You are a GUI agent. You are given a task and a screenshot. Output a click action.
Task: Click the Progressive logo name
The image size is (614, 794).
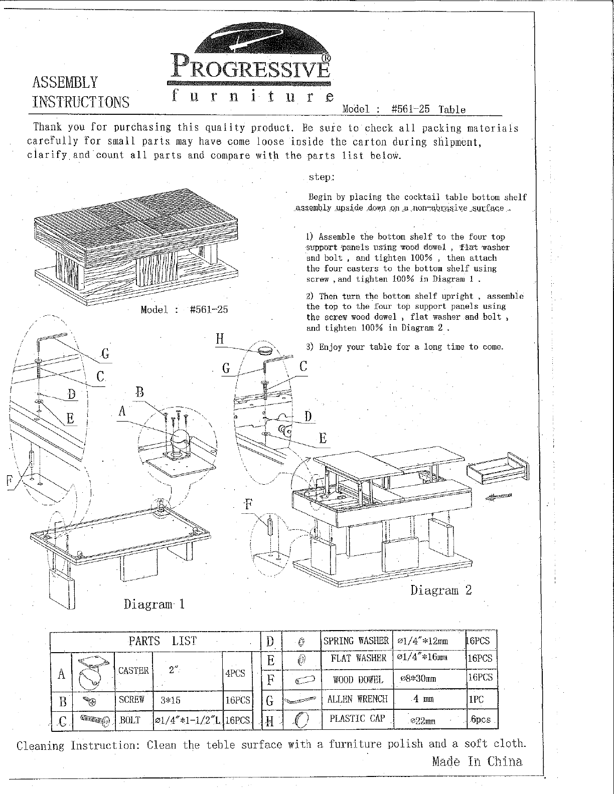[x=251, y=66]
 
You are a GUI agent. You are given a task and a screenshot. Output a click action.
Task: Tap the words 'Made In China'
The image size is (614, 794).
[x=477, y=762]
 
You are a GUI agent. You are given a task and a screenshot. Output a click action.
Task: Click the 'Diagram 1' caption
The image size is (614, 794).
[x=155, y=604]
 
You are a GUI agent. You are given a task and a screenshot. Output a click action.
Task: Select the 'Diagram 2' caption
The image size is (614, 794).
[x=441, y=590]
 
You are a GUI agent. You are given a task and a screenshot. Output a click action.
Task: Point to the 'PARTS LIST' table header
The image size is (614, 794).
[x=163, y=641]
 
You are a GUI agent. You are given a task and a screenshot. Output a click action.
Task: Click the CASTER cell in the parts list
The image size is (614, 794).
[x=133, y=671]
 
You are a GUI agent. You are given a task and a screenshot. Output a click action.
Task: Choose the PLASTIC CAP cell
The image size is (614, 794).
[x=357, y=718]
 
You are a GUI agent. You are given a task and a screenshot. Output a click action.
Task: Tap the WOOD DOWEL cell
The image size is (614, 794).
[x=357, y=680]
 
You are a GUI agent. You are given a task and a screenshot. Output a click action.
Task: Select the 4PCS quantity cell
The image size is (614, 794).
[x=235, y=673]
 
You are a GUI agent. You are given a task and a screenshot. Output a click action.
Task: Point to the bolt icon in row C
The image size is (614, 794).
[x=92, y=721]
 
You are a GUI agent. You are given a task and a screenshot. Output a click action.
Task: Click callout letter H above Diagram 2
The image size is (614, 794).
[x=220, y=339]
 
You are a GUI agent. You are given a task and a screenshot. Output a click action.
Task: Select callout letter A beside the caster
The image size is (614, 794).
[x=122, y=412]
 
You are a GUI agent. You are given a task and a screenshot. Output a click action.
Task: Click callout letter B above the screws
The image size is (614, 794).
[x=140, y=392]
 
